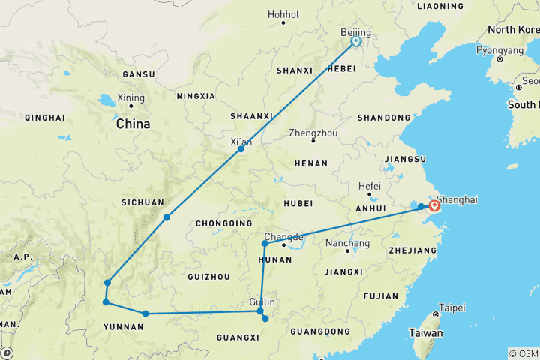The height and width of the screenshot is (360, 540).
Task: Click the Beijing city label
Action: tap(355, 34)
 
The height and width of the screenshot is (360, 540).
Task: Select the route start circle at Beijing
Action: tap(356, 42)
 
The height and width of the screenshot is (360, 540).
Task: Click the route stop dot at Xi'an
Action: tap(241, 149)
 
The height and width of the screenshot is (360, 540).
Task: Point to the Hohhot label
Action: tap(283, 13)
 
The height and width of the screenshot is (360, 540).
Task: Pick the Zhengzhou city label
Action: tap(313, 133)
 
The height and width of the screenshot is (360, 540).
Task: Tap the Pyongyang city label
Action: tap(498, 51)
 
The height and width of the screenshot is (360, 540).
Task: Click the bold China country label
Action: tap(133, 124)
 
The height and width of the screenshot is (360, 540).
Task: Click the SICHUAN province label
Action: tap(142, 202)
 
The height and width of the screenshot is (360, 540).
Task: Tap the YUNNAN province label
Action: tap(124, 326)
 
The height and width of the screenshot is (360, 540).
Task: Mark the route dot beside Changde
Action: tap(265, 244)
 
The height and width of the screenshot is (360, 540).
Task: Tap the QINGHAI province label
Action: tap(44, 118)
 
